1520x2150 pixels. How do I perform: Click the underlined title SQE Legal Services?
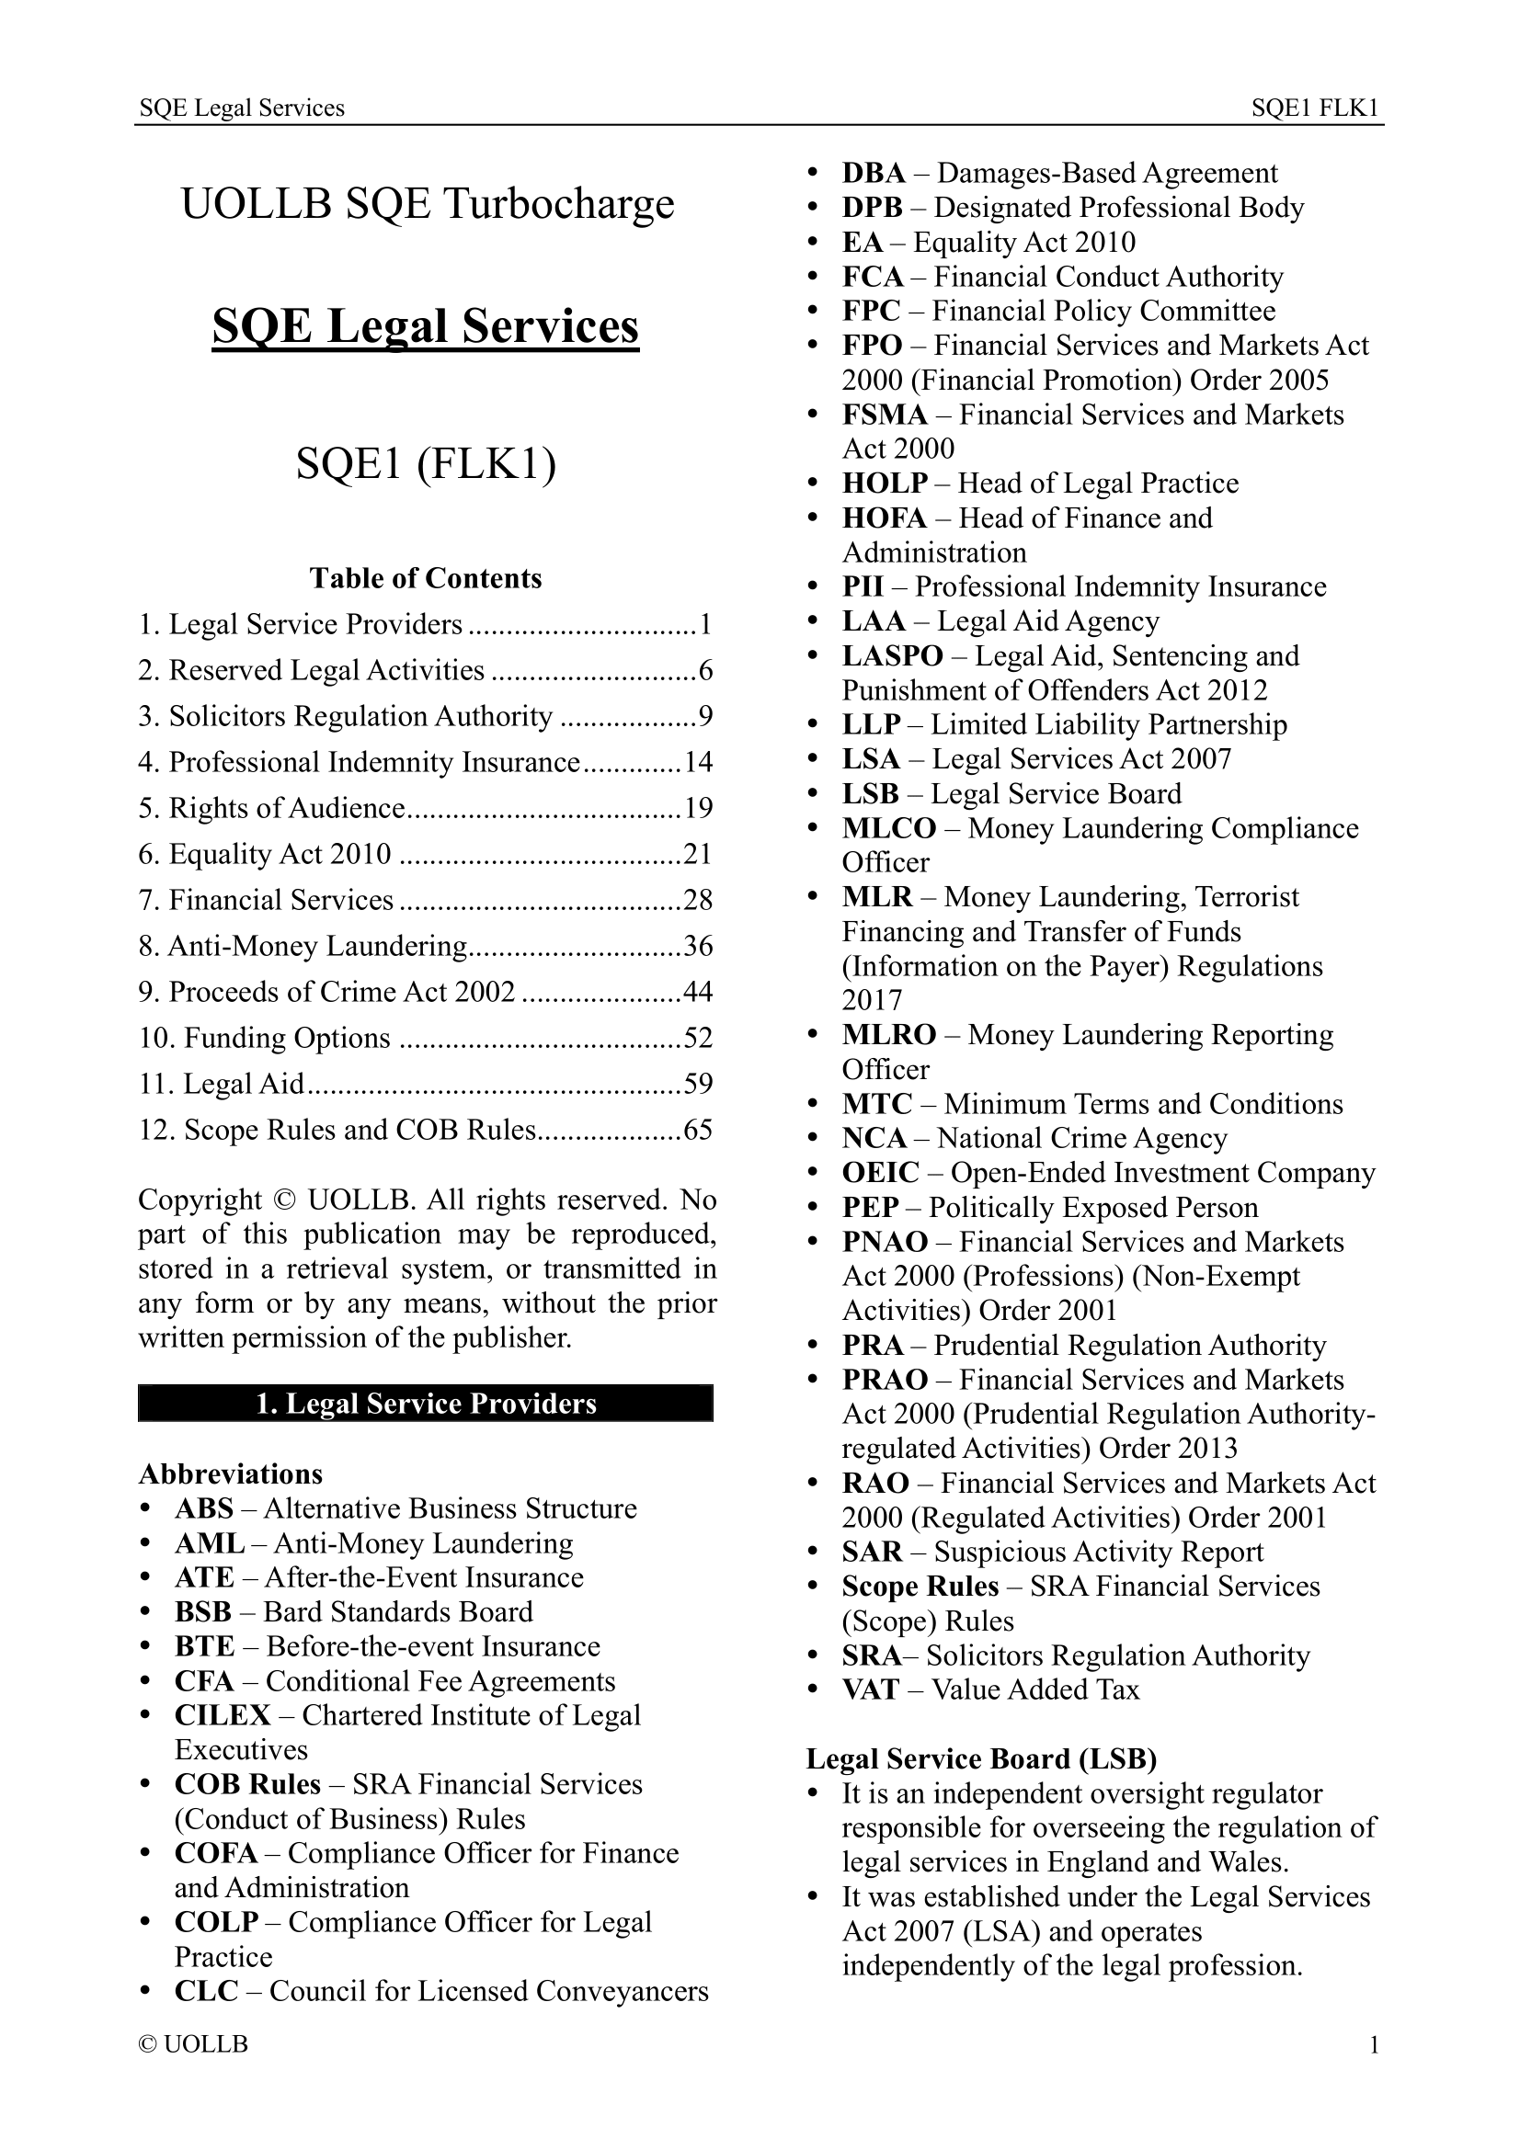tap(425, 326)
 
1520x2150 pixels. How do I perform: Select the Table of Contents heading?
tap(425, 578)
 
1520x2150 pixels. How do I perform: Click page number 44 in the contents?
tap(698, 991)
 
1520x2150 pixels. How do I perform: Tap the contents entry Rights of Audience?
tap(287, 807)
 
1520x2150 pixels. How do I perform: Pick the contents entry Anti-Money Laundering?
tap(317, 946)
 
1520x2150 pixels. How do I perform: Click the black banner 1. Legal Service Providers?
tap(425, 1403)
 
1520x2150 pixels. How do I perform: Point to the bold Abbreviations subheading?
tap(231, 1473)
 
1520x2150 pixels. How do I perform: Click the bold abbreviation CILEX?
tap(222, 1714)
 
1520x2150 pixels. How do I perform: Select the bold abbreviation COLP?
tap(216, 1921)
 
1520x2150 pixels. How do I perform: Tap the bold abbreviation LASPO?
tap(892, 655)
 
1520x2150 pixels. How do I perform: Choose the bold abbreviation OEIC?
tap(880, 1172)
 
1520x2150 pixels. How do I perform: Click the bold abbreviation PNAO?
tap(884, 1242)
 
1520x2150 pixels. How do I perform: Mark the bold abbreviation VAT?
tap(870, 1689)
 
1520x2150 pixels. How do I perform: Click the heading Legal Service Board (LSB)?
tap(981, 1758)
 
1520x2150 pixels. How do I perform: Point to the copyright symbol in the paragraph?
tap(285, 1200)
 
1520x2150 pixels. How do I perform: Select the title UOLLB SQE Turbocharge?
tap(427, 203)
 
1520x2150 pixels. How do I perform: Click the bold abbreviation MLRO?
tap(888, 1034)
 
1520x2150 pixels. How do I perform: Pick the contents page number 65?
tap(698, 1130)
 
